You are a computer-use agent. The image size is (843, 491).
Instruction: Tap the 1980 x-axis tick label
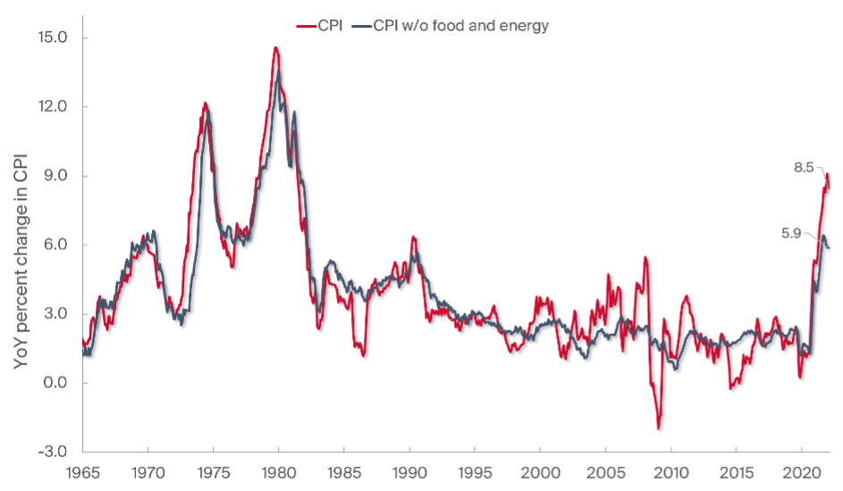278,471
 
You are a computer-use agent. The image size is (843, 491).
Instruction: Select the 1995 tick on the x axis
475,471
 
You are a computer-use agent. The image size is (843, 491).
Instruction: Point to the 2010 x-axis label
671,471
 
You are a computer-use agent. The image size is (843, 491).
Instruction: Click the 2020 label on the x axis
802,471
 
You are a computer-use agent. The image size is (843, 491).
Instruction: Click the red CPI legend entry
317,26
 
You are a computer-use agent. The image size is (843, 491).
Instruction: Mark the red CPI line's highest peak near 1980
276,48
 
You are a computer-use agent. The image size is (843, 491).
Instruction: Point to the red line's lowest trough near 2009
659,429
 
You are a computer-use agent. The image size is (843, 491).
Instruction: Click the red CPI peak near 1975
206,104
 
